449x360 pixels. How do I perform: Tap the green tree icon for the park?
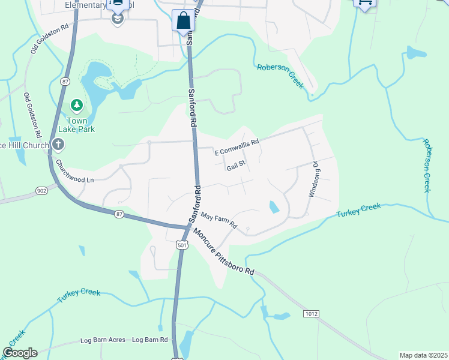point(77,106)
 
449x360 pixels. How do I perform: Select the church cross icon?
point(58,144)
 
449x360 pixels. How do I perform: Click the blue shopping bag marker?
point(183,20)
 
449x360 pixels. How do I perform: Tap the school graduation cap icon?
point(118,19)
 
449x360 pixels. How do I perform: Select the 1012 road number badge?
point(311,314)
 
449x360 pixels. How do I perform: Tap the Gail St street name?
point(237,164)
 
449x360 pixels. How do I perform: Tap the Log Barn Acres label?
point(103,340)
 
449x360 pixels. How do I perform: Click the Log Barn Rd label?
point(149,340)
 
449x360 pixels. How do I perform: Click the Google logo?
point(20,353)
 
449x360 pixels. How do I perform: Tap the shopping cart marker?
point(364,3)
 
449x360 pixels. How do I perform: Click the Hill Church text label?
point(24,145)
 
